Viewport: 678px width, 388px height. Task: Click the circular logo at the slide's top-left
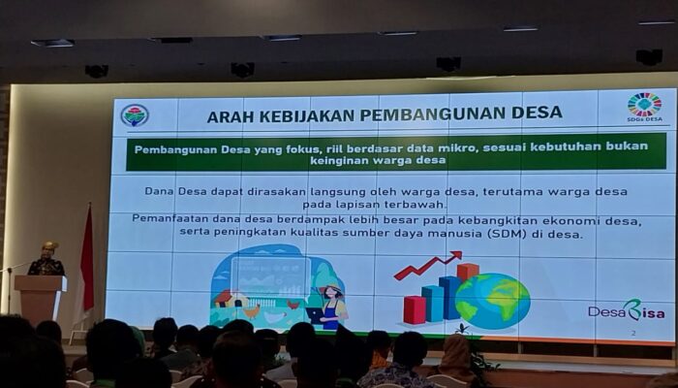[135, 115]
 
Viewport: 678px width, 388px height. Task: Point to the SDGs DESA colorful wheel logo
[644, 105]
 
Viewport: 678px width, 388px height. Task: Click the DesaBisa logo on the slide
[626, 310]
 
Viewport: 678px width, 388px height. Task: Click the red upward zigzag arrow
[427, 265]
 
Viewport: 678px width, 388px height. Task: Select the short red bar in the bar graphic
[414, 309]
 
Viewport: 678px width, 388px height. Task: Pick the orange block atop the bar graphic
[468, 272]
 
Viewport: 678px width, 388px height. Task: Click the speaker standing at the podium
[46, 260]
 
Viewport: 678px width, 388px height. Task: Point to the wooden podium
[41, 299]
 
